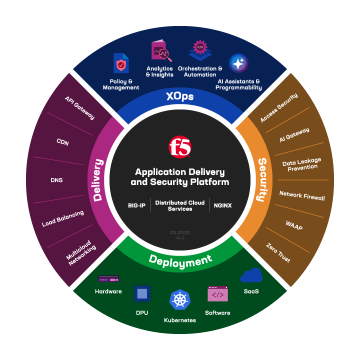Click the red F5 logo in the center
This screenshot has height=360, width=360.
(x=180, y=146)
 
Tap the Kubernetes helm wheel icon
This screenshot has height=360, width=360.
(x=180, y=299)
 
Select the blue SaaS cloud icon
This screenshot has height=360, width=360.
(x=251, y=275)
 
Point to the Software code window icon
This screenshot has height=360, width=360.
(x=217, y=294)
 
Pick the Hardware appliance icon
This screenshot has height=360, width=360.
(x=108, y=278)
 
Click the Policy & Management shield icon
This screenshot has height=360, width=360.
(x=121, y=63)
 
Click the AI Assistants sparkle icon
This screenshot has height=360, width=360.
(x=238, y=63)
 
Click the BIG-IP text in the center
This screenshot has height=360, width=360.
(x=136, y=205)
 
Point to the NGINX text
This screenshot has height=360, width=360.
(x=223, y=205)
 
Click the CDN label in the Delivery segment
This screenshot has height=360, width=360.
(x=62, y=142)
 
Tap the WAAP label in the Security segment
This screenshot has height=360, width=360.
(x=294, y=225)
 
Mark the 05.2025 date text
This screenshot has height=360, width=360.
(x=180, y=232)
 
